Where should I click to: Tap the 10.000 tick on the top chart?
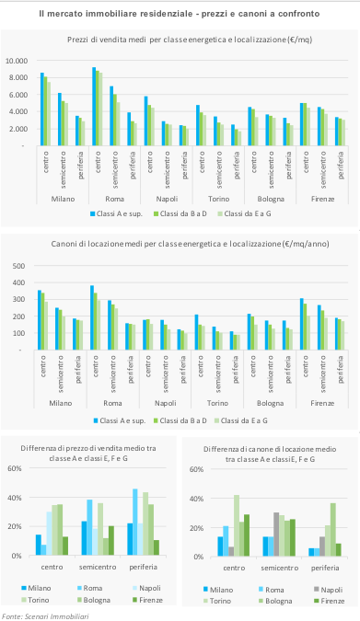[17, 61]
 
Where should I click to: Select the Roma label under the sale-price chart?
[114, 199]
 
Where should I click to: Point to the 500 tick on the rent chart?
[18, 266]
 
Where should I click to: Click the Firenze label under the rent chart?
[322, 403]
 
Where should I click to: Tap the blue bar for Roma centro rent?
[92, 317]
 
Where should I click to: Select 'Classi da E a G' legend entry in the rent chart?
[240, 420]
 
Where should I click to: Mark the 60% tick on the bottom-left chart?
[15, 468]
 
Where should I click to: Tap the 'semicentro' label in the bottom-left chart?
[98, 567]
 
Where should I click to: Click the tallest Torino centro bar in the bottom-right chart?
[237, 525]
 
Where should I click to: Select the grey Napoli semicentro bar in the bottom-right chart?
[276, 535]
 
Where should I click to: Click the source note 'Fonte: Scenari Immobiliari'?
[45, 615]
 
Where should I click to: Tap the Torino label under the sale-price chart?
[218, 199]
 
